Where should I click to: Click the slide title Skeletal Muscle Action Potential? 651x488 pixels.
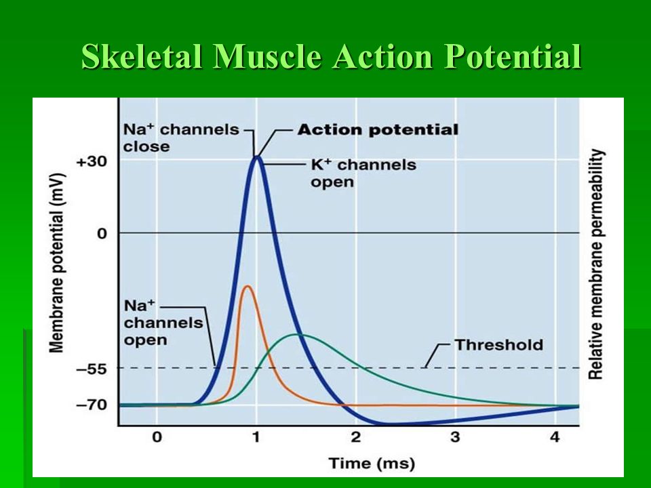[331, 58]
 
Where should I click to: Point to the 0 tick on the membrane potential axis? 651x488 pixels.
[102, 233]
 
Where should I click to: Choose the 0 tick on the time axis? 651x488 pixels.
[157, 437]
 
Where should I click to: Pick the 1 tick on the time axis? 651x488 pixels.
[256, 437]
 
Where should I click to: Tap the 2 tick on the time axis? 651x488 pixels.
[355, 437]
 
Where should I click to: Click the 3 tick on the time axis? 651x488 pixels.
[455, 437]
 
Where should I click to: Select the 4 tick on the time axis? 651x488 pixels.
[555, 437]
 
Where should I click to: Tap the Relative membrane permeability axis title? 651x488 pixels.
[596, 264]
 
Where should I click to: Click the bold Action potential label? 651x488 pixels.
[378, 130]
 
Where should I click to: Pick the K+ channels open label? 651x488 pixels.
[363, 173]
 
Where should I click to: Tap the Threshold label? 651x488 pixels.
[499, 344]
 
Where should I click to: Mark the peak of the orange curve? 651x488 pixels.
[247, 286]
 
